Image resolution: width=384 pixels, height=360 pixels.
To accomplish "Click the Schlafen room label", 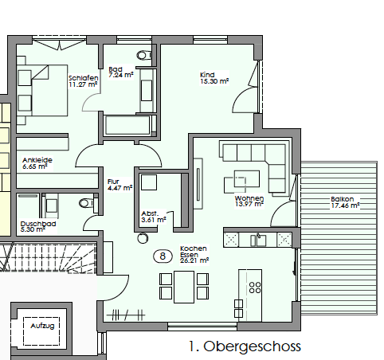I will tap(83, 76).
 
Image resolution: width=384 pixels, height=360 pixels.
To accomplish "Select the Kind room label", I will tap(206, 75).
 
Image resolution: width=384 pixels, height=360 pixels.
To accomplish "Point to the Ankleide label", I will tap(37, 160).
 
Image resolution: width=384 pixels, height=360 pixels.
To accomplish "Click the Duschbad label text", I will tap(37, 224).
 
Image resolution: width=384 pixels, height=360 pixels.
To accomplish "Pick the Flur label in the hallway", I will tap(114, 182).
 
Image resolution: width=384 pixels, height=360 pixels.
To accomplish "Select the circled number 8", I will tap(163, 256).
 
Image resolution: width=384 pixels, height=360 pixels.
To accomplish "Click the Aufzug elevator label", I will tap(41, 327).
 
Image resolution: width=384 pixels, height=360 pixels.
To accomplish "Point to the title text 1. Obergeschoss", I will tap(245, 346).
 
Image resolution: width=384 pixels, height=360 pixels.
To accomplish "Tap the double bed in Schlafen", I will tap(37, 88).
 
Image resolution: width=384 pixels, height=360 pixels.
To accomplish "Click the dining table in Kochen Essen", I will tap(183, 287).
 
